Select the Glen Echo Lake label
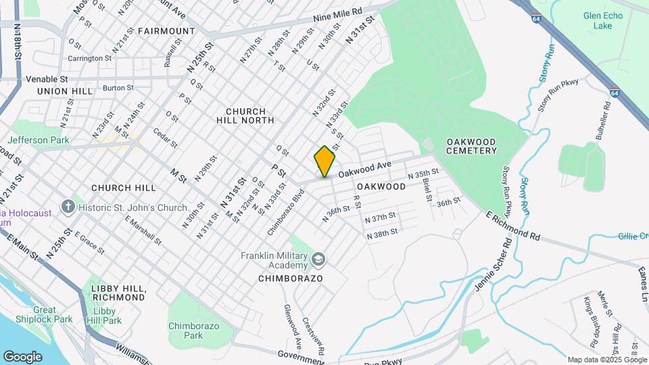coord(598,20)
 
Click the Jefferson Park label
coord(39,140)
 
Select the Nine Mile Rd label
coord(337,16)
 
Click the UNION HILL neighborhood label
coord(62,91)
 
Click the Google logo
coord(22,356)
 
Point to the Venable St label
coord(47,79)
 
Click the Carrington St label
coord(89,58)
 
